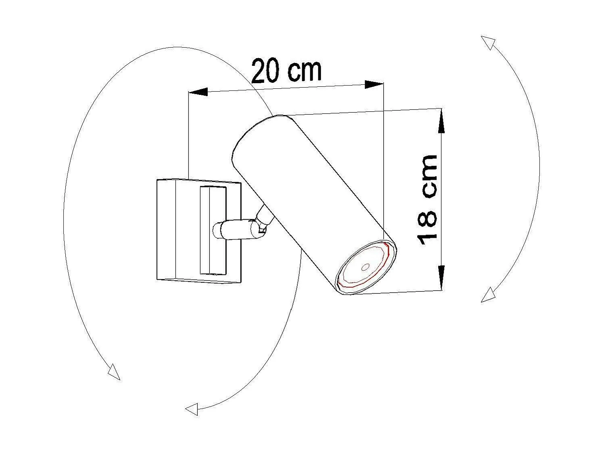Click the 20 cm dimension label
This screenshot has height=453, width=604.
point(286,71)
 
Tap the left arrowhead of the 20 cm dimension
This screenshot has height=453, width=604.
point(198,92)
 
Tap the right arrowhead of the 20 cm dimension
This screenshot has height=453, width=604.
point(373,84)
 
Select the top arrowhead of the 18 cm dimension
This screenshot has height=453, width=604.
point(441,121)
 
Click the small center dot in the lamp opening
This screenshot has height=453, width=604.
point(365,267)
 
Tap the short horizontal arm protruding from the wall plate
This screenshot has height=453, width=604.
point(234,230)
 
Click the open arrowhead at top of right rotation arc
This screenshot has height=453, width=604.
point(489,42)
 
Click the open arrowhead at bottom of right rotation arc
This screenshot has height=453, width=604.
point(489,295)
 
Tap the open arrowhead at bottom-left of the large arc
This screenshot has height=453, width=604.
point(114,372)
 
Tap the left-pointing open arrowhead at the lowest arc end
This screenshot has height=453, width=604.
point(192,409)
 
